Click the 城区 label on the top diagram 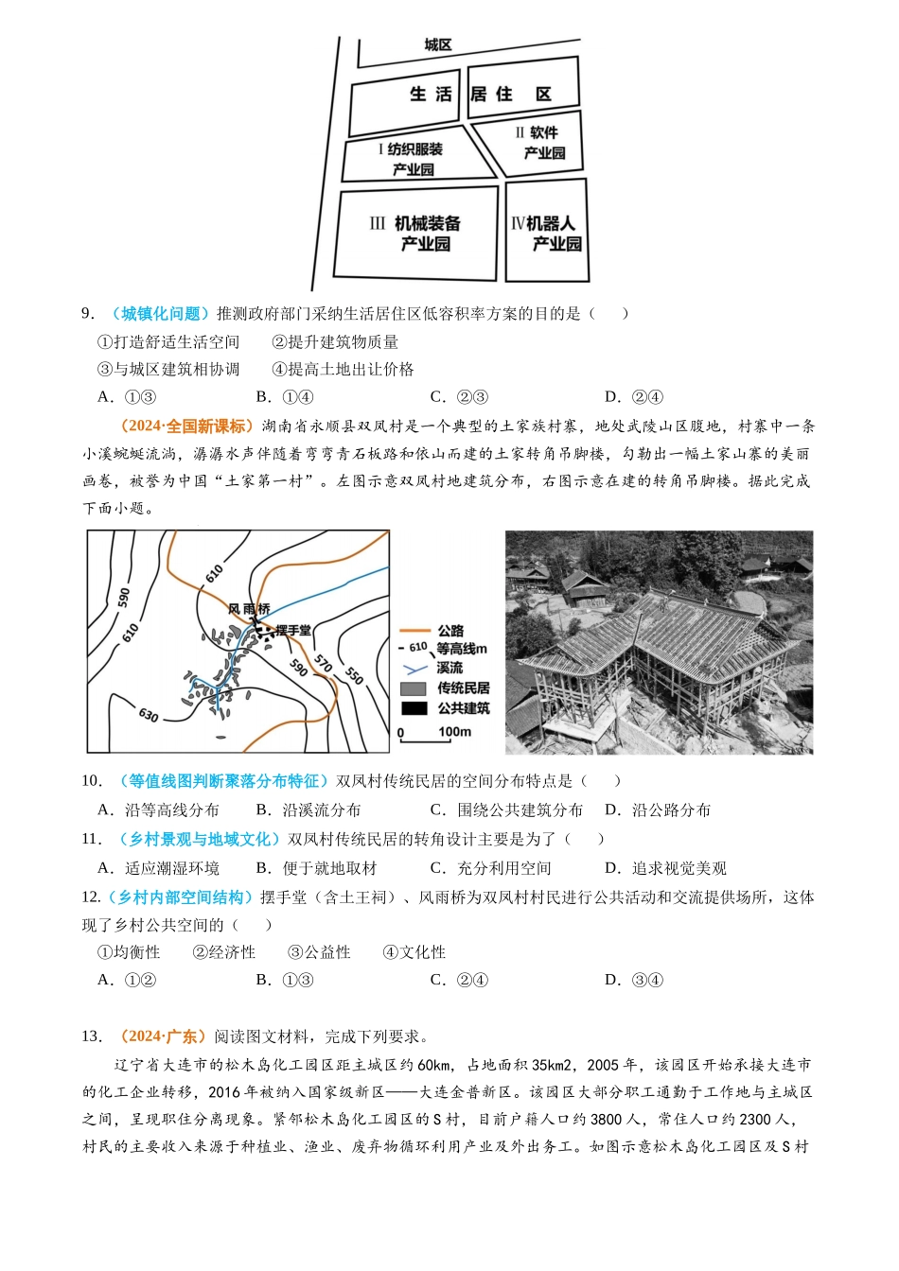437,44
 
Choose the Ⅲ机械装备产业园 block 416,233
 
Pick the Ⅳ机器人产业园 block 546,233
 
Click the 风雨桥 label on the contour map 249,609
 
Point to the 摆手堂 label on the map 292,631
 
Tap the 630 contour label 149,715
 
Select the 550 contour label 354,674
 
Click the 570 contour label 324,663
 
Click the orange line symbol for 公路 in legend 414,631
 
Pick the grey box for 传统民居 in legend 414,688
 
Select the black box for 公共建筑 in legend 414,708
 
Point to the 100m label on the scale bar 454,732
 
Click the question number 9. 87,314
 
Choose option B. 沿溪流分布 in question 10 308,810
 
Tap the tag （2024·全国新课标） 184,427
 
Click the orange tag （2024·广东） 161,1036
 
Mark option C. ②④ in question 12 459,980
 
